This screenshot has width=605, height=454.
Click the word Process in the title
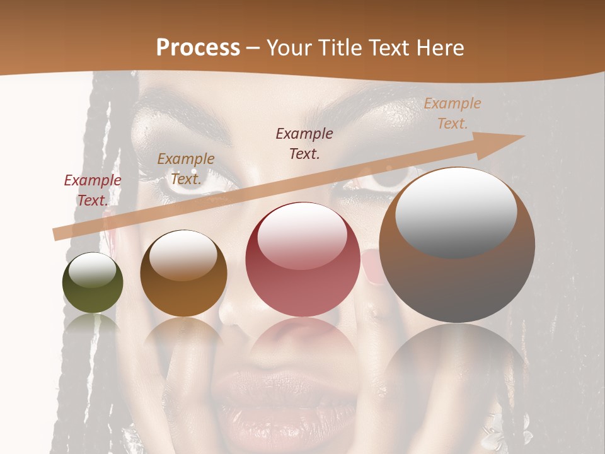[x=198, y=47]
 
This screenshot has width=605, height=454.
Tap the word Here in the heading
[x=439, y=47]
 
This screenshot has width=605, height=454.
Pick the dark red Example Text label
[x=93, y=190]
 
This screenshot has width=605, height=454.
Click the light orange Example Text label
[x=452, y=113]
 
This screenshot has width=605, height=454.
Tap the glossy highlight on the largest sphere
[x=456, y=211]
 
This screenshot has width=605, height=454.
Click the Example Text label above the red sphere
[x=304, y=143]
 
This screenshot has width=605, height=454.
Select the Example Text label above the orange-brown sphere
[x=186, y=169]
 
